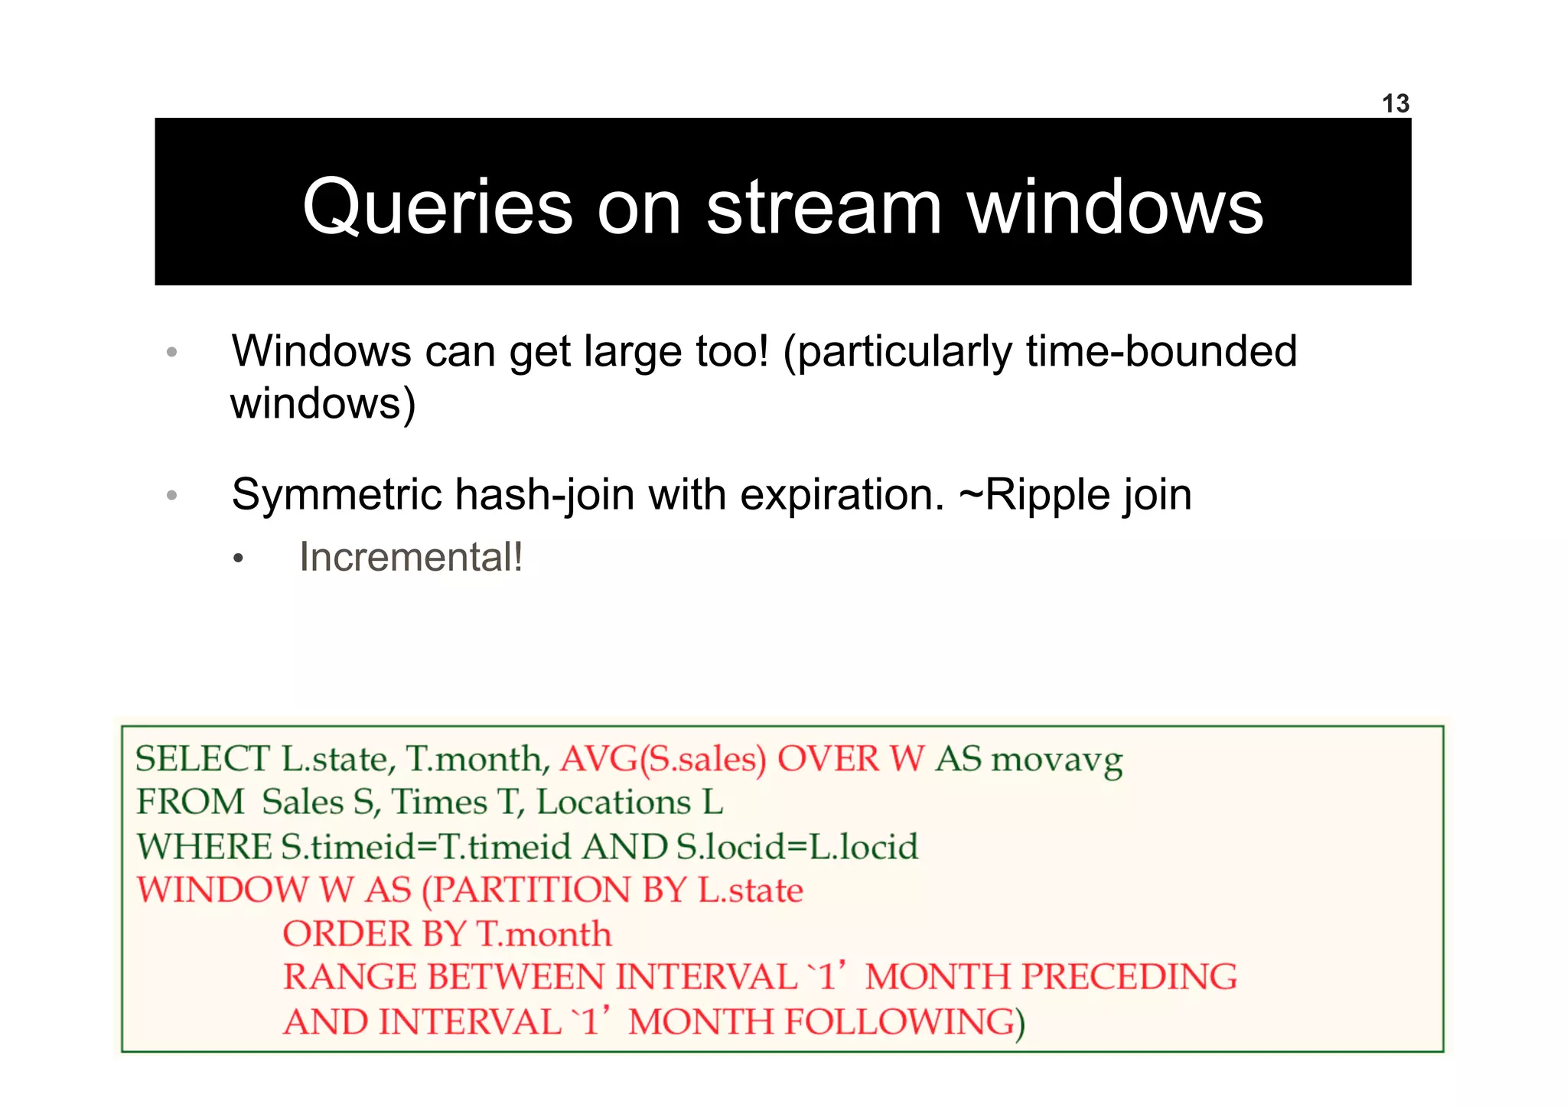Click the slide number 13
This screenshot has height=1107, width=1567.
pyautogui.click(x=1395, y=103)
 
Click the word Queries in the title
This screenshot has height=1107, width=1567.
pyautogui.click(x=437, y=207)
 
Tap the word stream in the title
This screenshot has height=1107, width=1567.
pyautogui.click(x=823, y=207)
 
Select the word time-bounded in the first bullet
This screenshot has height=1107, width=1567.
pyautogui.click(x=1161, y=351)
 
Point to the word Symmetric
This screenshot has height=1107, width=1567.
pyautogui.click(x=337, y=494)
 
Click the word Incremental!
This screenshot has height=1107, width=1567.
pyautogui.click(x=411, y=557)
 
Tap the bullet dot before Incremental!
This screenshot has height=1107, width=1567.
pyautogui.click(x=238, y=559)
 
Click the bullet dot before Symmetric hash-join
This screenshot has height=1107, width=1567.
pyautogui.click(x=171, y=496)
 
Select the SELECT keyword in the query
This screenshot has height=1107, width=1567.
pyautogui.click(x=202, y=759)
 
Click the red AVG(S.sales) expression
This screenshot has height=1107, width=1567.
pyautogui.click(x=663, y=759)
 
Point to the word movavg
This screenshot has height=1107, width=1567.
pyautogui.click(x=1057, y=759)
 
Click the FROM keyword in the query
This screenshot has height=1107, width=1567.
pyautogui.click(x=190, y=803)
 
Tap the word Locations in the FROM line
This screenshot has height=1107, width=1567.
pyautogui.click(x=614, y=803)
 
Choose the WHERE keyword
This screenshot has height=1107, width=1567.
pyautogui.click(x=204, y=847)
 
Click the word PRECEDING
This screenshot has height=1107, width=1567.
pyautogui.click(x=1129, y=977)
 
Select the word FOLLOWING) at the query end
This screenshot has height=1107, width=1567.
pyautogui.click(x=904, y=1022)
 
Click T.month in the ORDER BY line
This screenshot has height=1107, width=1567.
pyautogui.click(x=543, y=934)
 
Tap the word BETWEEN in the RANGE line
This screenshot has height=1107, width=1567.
pyautogui.click(x=516, y=977)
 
